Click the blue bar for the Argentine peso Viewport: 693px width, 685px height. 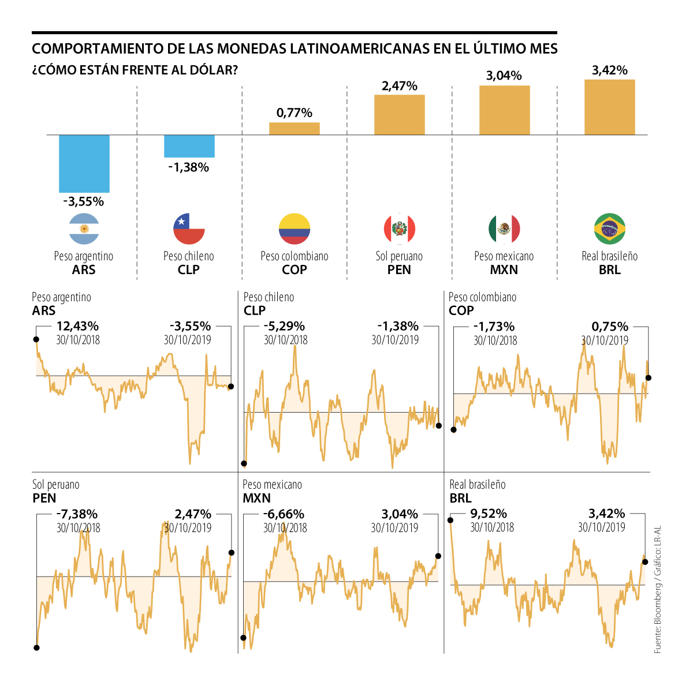pyautogui.click(x=84, y=163)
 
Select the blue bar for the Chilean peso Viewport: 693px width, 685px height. pyautogui.click(x=189, y=146)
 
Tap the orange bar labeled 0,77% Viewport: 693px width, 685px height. pyautogui.click(x=295, y=129)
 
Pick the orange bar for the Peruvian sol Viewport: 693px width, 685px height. pyautogui.click(x=400, y=115)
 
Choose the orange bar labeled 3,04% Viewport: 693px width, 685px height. pyautogui.click(x=505, y=110)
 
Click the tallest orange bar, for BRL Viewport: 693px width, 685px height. pyautogui.click(x=610, y=107)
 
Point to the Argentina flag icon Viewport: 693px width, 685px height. pyautogui.click(x=84, y=229)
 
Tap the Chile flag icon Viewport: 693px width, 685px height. pyautogui.click(x=189, y=229)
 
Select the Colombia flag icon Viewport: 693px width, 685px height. pyautogui.click(x=295, y=229)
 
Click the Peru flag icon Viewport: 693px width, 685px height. pyautogui.click(x=400, y=229)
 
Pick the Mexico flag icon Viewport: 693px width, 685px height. pyautogui.click(x=505, y=229)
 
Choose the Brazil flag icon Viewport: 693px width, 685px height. pyautogui.click(x=610, y=229)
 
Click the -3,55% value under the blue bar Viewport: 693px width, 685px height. pyautogui.click(x=84, y=201)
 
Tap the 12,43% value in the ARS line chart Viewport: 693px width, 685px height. pyautogui.click(x=77, y=327)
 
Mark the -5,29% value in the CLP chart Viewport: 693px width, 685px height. pyautogui.click(x=285, y=327)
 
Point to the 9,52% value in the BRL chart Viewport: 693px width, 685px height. pyautogui.click(x=489, y=514)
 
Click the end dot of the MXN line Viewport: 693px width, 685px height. pyautogui.click(x=438, y=556)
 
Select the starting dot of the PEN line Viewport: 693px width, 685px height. pyautogui.click(x=36, y=647)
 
